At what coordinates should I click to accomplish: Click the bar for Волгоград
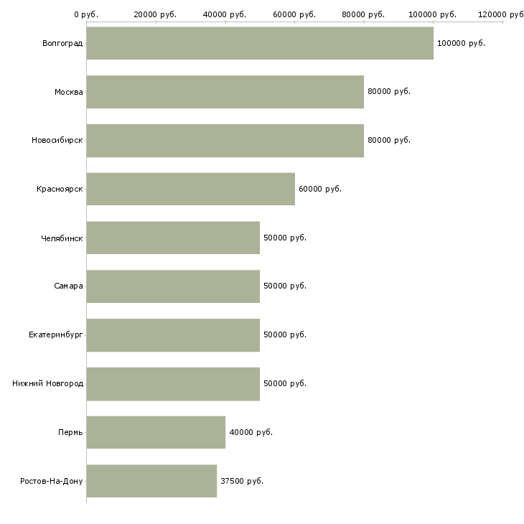pyautogui.click(x=260, y=43)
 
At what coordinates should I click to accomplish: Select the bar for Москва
pyautogui.click(x=225, y=92)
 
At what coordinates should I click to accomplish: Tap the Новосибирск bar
pyautogui.click(x=225, y=140)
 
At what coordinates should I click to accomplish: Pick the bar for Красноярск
pyautogui.click(x=190, y=189)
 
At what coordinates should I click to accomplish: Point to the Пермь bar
pyautogui.click(x=156, y=432)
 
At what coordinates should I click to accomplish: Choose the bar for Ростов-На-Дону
pyautogui.click(x=151, y=481)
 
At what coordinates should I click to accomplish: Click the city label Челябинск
pyautogui.click(x=62, y=238)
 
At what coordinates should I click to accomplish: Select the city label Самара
pyautogui.click(x=68, y=286)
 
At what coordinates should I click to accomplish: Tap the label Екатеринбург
pyautogui.click(x=56, y=334)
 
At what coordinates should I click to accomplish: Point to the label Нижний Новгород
pyautogui.click(x=48, y=383)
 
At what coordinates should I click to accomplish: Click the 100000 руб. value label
pyautogui.click(x=461, y=43)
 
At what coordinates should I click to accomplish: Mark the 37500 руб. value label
pyautogui.click(x=242, y=481)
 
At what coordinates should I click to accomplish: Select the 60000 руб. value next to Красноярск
pyautogui.click(x=320, y=189)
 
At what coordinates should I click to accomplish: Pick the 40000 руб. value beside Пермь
pyautogui.click(x=251, y=432)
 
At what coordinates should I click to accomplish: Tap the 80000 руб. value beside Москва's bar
pyautogui.click(x=389, y=92)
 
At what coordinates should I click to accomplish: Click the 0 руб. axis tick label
pyautogui.click(x=86, y=14)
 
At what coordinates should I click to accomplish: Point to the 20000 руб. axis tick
pyautogui.click(x=155, y=14)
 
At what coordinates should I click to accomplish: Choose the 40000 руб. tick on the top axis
pyautogui.click(x=225, y=14)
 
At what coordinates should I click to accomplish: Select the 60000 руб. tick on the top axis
pyautogui.click(x=294, y=14)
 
